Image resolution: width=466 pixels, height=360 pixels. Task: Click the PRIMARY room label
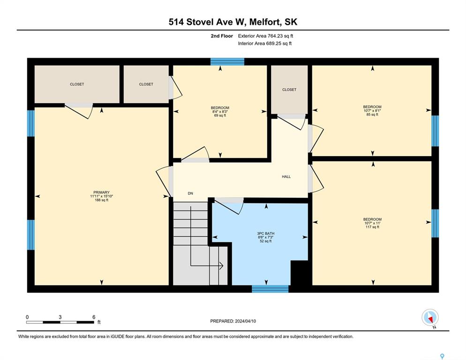coord(102,192)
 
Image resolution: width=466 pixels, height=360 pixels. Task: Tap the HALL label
coord(286,177)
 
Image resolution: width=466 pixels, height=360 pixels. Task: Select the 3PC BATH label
coord(266,233)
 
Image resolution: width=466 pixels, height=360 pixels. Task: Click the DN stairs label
coord(190,194)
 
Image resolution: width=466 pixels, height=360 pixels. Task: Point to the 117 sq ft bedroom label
coord(372,223)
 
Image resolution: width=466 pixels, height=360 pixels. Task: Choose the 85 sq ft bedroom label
coord(372,111)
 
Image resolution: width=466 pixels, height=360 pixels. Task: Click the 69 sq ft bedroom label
coord(220,112)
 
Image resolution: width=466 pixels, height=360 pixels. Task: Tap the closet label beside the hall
coord(289,90)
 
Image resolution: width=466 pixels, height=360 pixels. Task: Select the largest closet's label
coord(77,84)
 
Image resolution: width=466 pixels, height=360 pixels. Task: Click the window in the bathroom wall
coord(270,289)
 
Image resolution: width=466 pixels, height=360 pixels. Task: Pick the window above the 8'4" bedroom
coord(227,61)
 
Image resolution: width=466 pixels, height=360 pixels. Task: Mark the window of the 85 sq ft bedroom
coord(435,131)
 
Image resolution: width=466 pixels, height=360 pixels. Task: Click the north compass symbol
coord(430,318)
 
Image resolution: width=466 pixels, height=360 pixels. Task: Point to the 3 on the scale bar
coord(60,317)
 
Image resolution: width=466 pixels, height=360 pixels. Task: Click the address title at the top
coord(233,22)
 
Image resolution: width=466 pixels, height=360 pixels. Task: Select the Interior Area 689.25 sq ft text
coord(265,44)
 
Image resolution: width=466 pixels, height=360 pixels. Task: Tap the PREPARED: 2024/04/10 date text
coord(233,321)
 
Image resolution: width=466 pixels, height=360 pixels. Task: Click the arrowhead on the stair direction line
coord(221,266)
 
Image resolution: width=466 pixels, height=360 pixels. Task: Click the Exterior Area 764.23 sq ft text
coord(265,36)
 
